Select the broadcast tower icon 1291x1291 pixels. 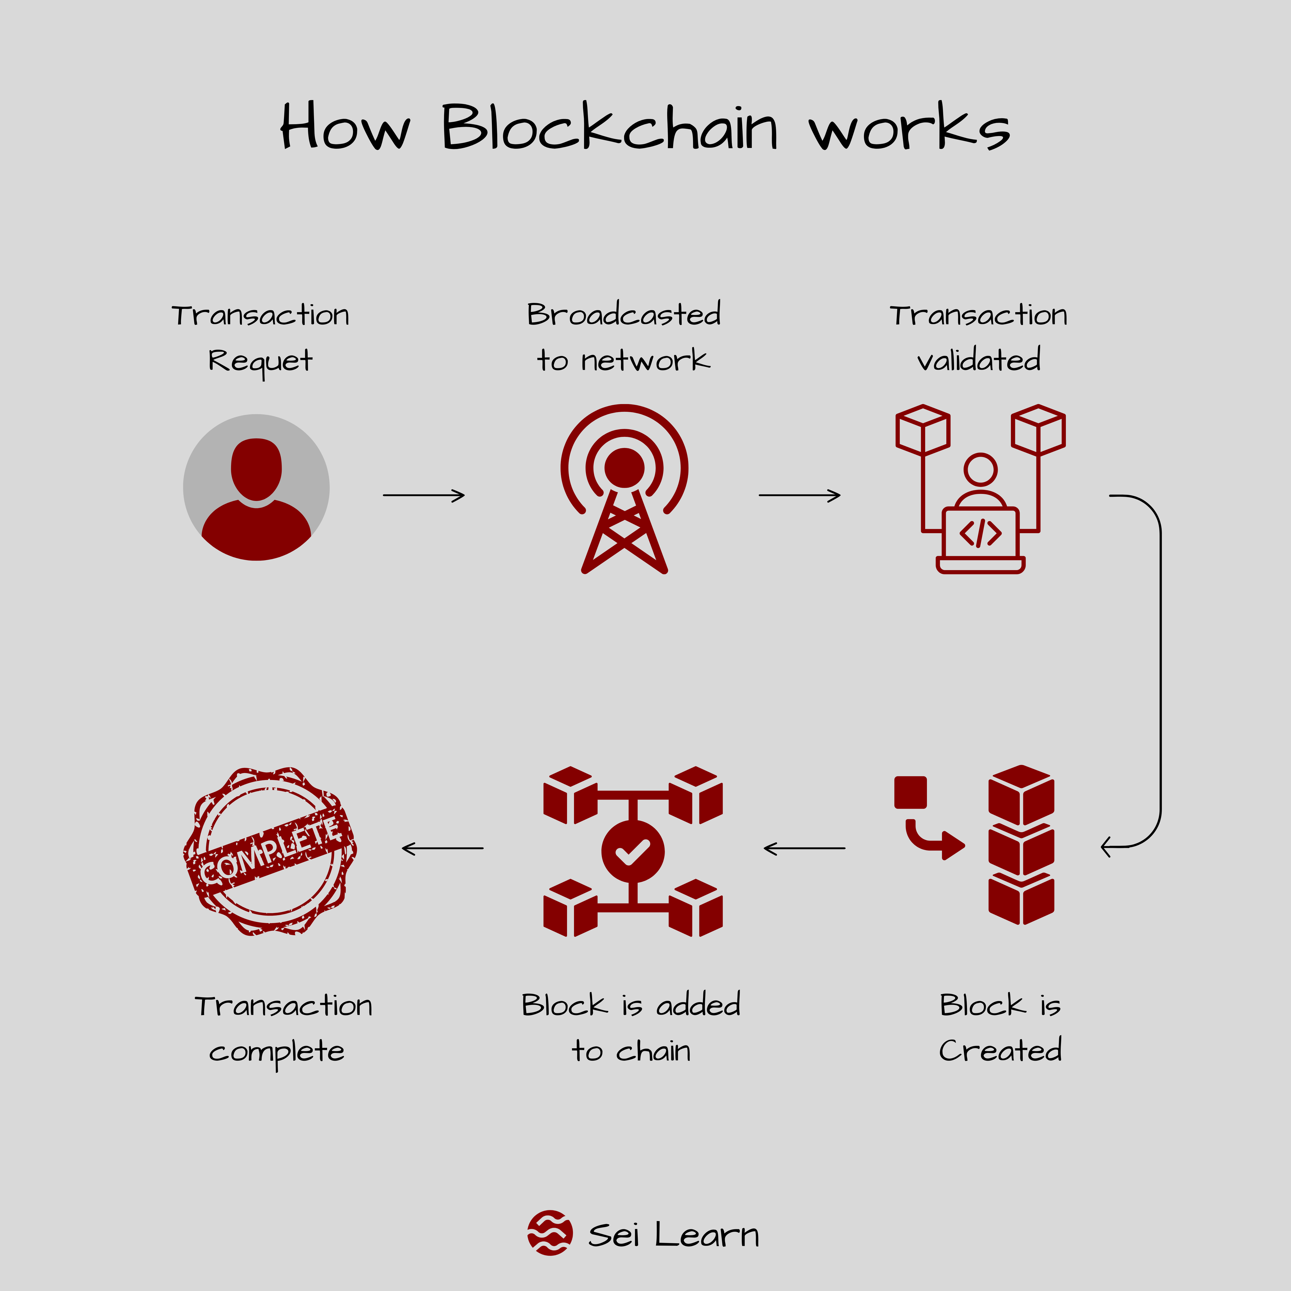coord(624,488)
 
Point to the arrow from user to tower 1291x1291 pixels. coord(424,495)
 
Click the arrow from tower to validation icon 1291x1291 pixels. coord(799,495)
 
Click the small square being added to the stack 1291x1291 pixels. coord(910,792)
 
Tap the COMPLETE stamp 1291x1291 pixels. coord(270,851)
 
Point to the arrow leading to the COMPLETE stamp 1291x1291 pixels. coord(442,848)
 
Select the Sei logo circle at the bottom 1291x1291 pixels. coord(549,1233)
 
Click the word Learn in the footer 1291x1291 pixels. coord(706,1235)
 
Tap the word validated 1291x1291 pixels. coord(979,361)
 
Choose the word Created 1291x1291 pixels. coord(1000,1050)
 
